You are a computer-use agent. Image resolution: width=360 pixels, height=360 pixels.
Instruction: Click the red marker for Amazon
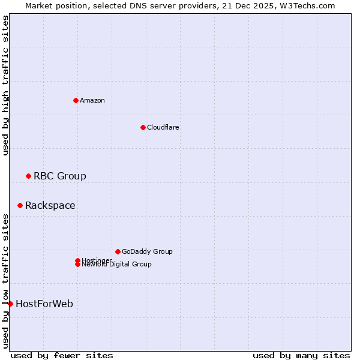[x=76, y=100]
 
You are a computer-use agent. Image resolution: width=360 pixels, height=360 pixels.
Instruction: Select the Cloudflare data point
[x=143, y=127]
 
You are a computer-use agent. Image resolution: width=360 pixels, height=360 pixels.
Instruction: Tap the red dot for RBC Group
[x=28, y=176]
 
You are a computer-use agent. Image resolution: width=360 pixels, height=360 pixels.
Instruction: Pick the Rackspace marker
[x=20, y=205]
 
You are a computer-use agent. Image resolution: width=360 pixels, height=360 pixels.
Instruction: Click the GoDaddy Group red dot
[x=118, y=251]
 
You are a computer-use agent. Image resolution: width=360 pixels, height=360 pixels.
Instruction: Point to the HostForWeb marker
[x=11, y=304]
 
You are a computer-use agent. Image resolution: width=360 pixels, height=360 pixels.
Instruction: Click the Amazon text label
[x=92, y=100]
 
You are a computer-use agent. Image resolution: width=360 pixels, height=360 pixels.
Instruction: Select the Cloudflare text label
[x=163, y=127]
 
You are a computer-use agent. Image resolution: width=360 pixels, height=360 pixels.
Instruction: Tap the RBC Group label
[x=59, y=176]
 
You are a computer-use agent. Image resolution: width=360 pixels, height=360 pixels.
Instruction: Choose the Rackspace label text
[x=50, y=205]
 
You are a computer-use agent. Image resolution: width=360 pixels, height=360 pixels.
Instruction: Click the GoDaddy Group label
[x=147, y=251]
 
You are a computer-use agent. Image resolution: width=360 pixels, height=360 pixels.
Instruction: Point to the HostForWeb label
[x=44, y=304]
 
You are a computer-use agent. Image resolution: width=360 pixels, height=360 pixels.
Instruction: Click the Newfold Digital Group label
[x=116, y=264]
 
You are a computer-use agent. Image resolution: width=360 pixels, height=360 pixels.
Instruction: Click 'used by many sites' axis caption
[x=301, y=356]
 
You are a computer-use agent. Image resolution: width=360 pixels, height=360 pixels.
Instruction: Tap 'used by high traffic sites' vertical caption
[x=6, y=85]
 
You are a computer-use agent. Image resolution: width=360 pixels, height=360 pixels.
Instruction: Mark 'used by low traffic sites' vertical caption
[x=6, y=280]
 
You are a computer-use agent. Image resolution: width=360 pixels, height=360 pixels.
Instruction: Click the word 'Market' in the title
[x=39, y=5]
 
